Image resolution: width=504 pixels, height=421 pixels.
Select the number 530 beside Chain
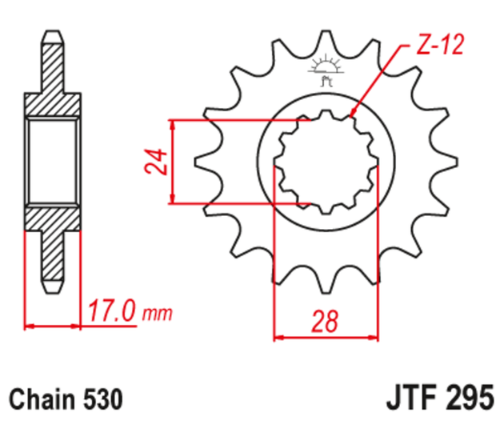pos(103,398)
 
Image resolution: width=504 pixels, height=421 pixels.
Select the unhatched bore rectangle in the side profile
pos(54,160)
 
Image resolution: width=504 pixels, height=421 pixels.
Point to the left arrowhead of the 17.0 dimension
pos(30,326)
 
